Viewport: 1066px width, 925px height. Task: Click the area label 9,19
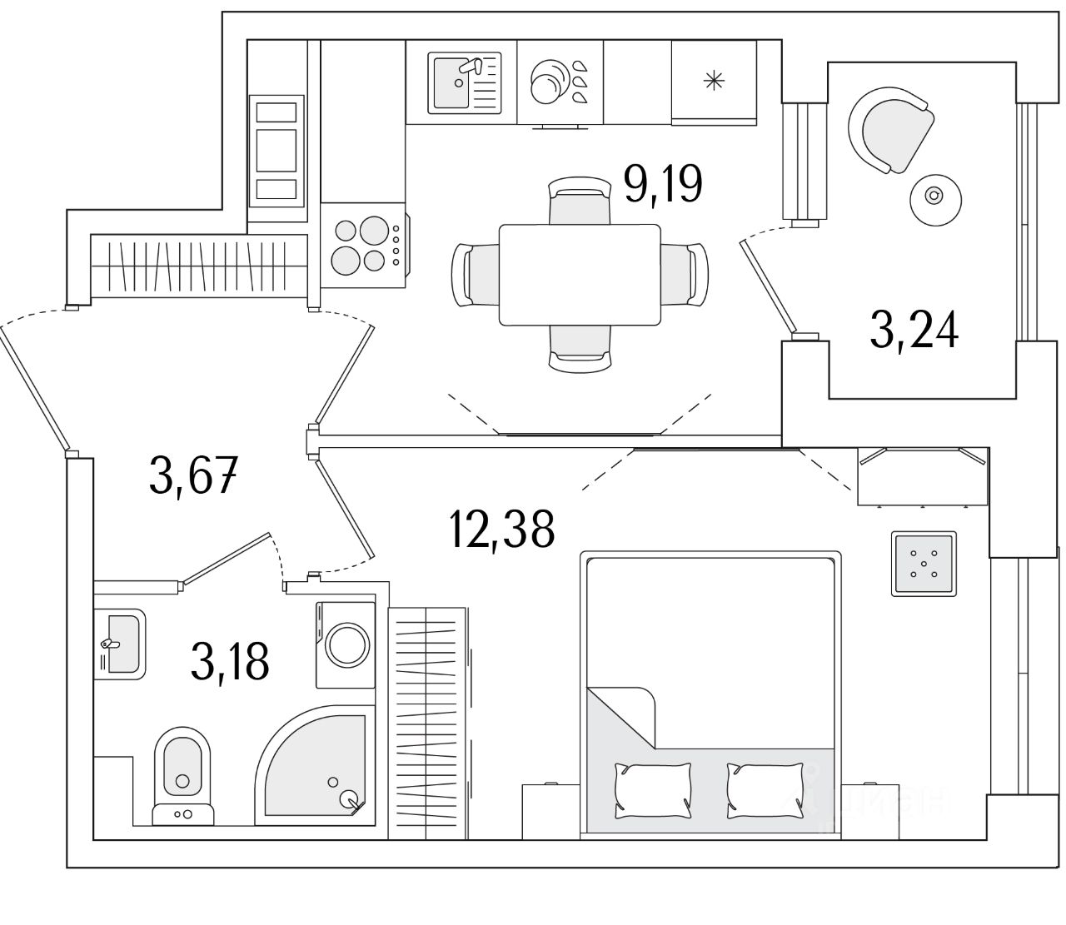coord(664,184)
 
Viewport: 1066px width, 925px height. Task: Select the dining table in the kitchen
coord(579,274)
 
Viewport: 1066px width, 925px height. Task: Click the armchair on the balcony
coord(889,129)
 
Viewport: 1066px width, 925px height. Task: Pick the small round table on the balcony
coord(935,196)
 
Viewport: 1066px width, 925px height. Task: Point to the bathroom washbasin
coord(120,644)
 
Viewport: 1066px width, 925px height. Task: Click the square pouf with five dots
coord(924,563)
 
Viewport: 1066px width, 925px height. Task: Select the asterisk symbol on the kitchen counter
coord(714,81)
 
